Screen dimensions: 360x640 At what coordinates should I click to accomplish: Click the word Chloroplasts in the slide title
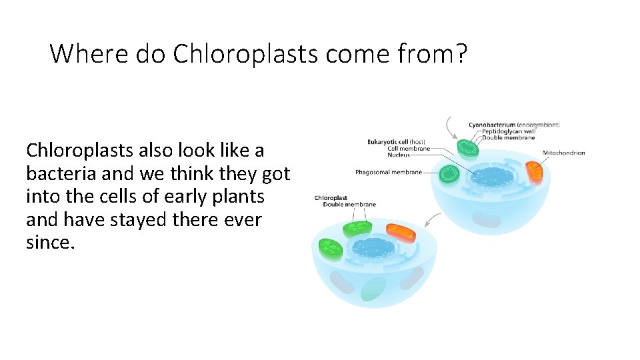(246, 53)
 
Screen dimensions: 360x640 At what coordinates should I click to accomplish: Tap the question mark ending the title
(461, 53)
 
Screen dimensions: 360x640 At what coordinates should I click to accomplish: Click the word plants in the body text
(241, 197)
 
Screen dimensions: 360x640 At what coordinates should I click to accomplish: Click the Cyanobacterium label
(493, 125)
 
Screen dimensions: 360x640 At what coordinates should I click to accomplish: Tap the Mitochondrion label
(563, 153)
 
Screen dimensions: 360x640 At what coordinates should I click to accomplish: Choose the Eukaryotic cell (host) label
(396, 141)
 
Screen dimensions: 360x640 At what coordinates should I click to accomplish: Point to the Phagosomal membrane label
(389, 172)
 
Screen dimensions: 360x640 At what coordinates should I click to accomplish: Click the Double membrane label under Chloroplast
(349, 205)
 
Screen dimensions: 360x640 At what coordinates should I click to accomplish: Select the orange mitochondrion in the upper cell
(535, 173)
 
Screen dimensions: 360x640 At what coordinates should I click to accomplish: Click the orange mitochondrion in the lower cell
(401, 233)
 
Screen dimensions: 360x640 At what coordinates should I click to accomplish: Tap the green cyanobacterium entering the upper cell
(467, 147)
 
